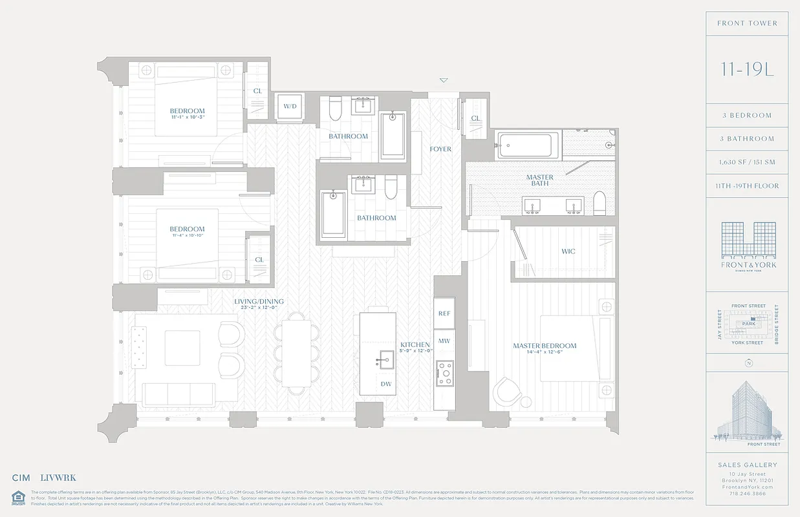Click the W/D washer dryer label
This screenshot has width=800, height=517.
coord(289,107)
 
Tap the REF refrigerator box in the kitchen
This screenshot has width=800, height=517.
coord(444,313)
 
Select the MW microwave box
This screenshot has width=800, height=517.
coord(444,341)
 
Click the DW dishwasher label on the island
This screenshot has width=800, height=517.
coord(385,384)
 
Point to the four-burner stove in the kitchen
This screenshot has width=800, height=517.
coord(445,374)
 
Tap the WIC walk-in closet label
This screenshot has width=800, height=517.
coord(568,251)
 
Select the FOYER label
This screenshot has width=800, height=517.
coord(440,149)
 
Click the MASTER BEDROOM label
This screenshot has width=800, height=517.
coord(545,346)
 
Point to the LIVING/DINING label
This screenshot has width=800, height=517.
coord(259,302)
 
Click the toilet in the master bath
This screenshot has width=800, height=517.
coord(598,204)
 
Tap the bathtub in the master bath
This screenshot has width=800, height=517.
coord(528,144)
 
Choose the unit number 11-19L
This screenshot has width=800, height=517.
coord(747,69)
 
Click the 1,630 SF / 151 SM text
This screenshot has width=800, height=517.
coord(747,162)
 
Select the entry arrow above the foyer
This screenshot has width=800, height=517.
coord(443,81)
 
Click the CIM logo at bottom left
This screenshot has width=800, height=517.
coord(21,478)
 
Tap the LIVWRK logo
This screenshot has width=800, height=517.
coord(58,478)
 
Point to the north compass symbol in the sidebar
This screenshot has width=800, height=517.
coord(748,363)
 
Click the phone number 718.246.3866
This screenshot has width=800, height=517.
coord(747,492)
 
